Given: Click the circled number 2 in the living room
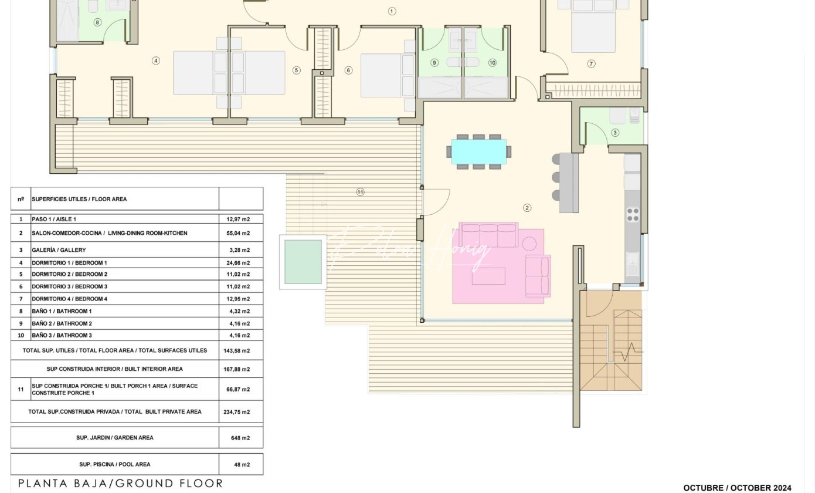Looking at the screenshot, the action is pos(527,208).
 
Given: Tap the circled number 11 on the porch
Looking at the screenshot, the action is pos(360,192).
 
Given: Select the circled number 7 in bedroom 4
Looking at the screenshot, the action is pos(591,64).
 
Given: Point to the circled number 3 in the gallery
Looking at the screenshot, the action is pos(615,133).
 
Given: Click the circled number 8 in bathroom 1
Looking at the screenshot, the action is pos(97,22).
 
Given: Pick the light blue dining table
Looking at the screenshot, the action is pos(479,151).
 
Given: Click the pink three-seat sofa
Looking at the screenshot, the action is pos(488,235).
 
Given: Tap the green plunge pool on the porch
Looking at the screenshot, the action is pos(303,262).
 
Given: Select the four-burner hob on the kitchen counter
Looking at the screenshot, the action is pos(633,214).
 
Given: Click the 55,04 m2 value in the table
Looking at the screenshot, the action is pos(238,233).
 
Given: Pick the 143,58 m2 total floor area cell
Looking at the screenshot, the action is pos(237,350).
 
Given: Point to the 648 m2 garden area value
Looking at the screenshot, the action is pos(240,438).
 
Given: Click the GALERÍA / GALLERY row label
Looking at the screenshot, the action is pos(59,250).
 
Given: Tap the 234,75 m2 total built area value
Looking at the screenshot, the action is pos(237,412).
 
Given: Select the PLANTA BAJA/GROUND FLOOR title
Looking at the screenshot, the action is pos(120,484).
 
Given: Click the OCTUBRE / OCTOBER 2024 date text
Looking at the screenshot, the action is pos(737,488).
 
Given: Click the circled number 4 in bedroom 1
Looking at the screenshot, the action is pos(156,61).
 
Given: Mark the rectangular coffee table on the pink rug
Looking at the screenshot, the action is pos(488,276).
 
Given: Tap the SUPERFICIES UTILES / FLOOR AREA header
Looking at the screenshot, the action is pos(79,199).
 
